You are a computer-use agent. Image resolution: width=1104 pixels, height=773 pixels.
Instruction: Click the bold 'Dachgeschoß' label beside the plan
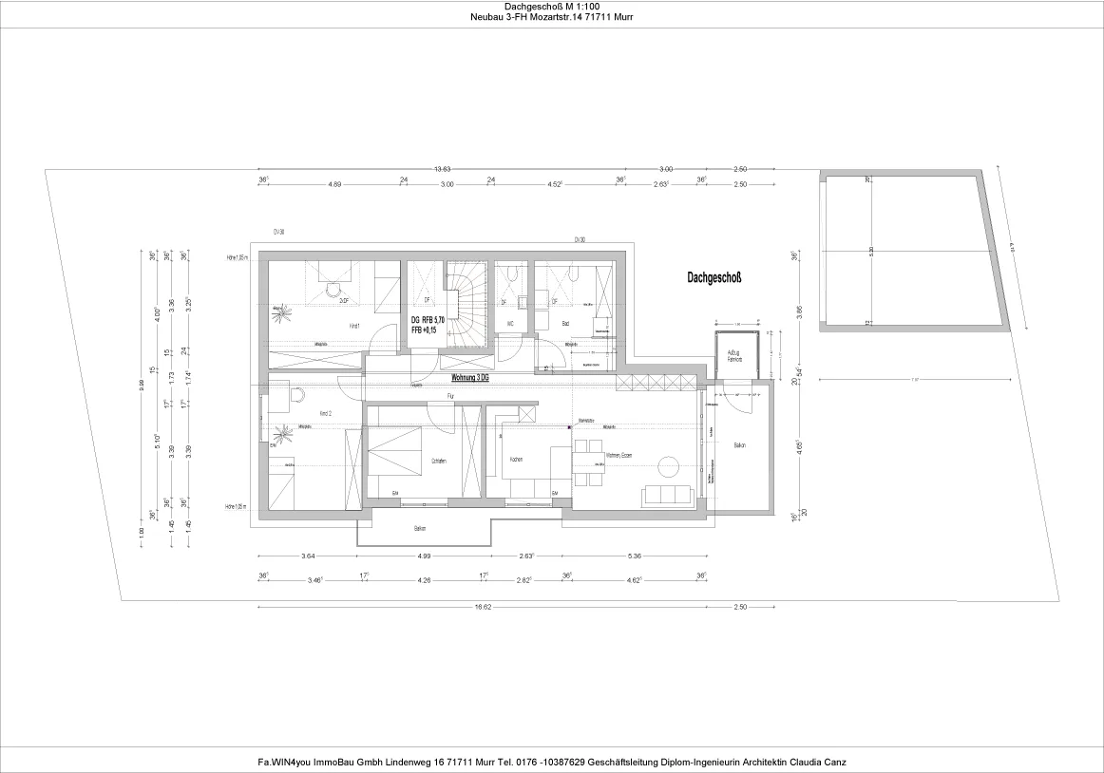click(714, 278)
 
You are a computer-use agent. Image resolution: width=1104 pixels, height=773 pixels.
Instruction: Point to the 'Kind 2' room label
click(325, 415)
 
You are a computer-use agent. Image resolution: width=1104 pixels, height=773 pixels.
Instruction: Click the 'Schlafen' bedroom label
click(439, 461)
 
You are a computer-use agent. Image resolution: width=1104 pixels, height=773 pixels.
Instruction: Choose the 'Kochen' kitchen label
click(516, 460)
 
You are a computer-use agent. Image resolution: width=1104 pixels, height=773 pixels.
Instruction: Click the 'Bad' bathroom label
click(565, 324)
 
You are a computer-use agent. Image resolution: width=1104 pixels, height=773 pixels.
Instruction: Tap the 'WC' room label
click(510, 324)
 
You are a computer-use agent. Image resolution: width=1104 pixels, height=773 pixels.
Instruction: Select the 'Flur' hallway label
click(451, 394)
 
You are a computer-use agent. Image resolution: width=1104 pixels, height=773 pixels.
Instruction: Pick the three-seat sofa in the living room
click(668, 495)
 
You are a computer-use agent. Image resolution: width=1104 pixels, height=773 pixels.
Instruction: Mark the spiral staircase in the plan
click(467, 304)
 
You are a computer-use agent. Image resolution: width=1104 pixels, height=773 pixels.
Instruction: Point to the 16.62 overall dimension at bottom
click(485, 606)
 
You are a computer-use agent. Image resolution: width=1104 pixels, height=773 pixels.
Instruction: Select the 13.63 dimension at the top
click(443, 169)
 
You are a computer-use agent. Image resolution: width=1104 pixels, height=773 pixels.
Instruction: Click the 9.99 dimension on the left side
click(142, 384)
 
